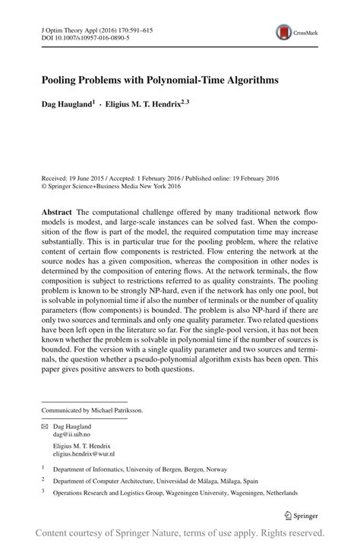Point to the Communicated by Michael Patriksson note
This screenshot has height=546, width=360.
90,410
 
